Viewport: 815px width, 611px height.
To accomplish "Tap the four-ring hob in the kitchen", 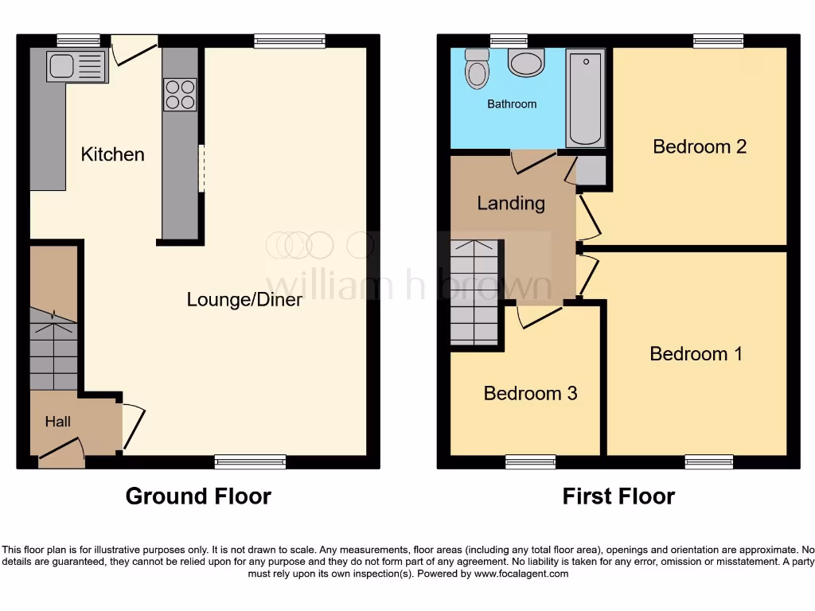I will tap(180, 95).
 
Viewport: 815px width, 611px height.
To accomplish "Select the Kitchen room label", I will tap(112, 154).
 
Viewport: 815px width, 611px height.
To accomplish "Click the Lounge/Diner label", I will tap(244, 300).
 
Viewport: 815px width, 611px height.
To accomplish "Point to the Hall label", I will tap(58, 421).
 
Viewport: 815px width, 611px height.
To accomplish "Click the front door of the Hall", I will tap(61, 455).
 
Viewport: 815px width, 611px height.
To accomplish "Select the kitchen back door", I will tap(133, 49).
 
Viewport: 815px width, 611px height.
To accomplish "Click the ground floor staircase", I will tap(54, 350).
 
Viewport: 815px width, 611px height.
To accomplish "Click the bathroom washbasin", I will tap(526, 62).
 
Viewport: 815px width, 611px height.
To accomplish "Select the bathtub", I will tap(586, 97).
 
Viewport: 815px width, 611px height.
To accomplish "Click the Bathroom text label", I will tap(512, 104).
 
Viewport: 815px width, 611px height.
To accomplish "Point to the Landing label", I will tap(511, 204).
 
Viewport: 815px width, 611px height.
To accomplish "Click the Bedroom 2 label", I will tap(700, 146).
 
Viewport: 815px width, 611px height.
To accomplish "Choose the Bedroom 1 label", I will tap(696, 354).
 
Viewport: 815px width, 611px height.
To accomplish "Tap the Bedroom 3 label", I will tap(530, 394).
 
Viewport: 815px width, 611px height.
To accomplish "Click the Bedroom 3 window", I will tap(530, 461).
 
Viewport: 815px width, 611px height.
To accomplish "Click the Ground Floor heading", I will tap(198, 496).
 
